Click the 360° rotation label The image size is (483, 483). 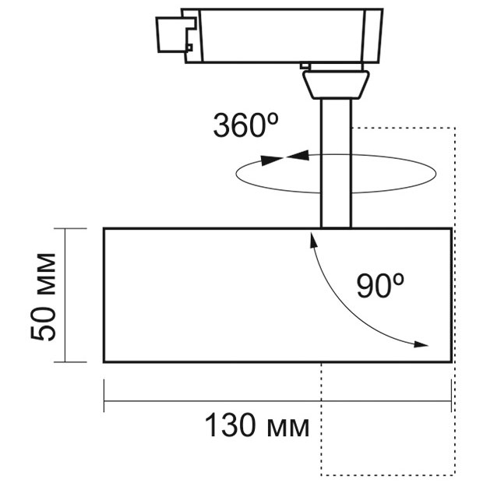(245, 125)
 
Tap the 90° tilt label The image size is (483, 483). (380, 286)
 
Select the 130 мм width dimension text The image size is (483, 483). (257, 425)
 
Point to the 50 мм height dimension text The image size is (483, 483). (43, 297)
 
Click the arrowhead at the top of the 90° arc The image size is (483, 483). (313, 240)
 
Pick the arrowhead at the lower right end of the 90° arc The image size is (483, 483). (421, 344)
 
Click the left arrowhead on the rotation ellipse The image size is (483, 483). (272, 160)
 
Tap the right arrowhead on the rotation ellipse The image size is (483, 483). (298, 155)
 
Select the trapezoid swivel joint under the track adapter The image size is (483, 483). (336, 84)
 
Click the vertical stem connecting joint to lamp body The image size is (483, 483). (336, 164)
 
